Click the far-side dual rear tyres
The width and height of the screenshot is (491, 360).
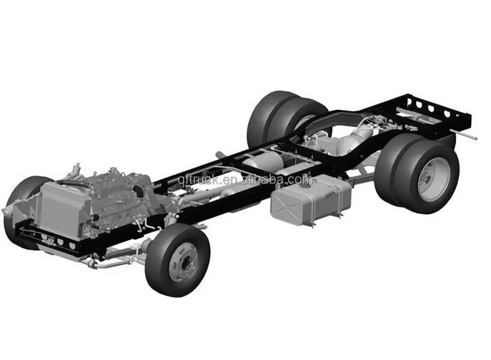point(278,118)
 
